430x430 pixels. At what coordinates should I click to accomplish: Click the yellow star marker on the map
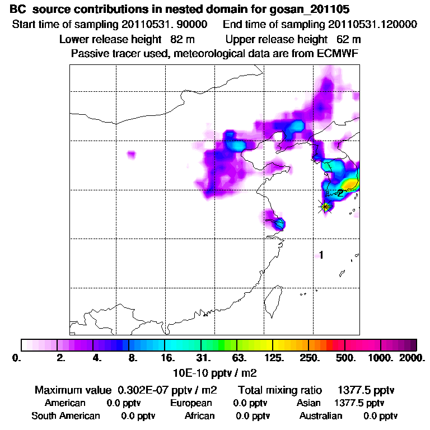[x=325, y=207]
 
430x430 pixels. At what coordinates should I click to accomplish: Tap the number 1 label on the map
[x=321, y=255]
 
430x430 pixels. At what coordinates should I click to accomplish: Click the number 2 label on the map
[x=340, y=193]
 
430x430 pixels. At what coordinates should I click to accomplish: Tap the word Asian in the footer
[x=309, y=403]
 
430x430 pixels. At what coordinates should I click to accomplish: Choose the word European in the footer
[x=191, y=403]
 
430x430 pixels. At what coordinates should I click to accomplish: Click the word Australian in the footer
[x=321, y=416]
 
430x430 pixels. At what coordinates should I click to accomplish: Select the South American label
[x=66, y=416]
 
